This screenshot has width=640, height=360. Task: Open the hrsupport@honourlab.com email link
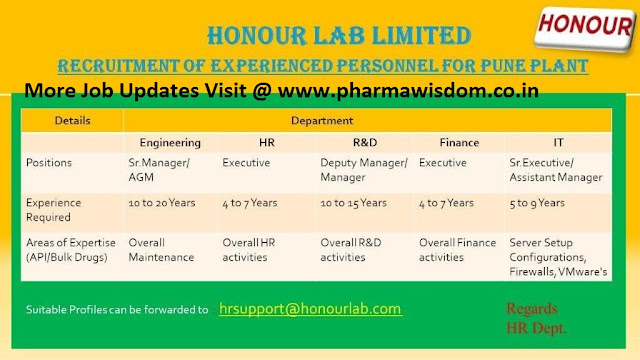pos(310,309)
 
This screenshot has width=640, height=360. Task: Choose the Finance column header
pos(458,143)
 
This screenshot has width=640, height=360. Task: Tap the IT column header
pos(557,143)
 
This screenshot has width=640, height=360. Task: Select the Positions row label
pos(51,162)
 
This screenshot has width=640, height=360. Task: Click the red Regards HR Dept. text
pos(535,317)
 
